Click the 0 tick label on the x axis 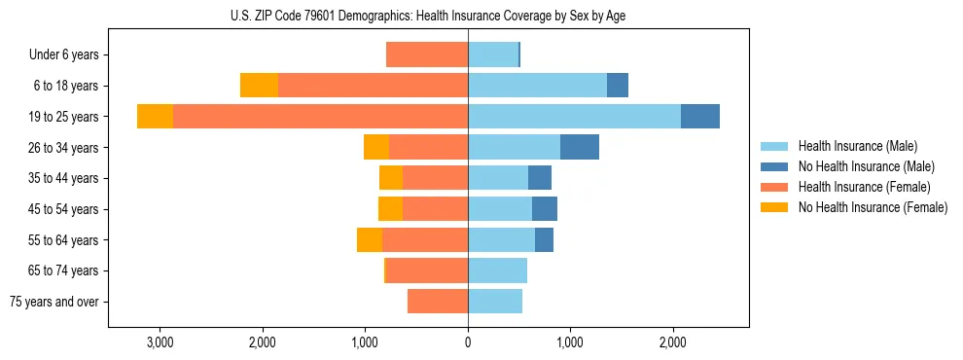click(x=468, y=342)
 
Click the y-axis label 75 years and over click(x=54, y=302)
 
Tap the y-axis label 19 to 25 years click(x=64, y=117)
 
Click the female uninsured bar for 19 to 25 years click(x=155, y=116)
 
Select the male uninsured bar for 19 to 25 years click(x=700, y=116)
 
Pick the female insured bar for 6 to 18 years click(x=373, y=86)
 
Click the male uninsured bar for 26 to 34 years click(x=580, y=147)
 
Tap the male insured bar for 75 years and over click(x=495, y=302)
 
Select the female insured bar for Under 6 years click(x=427, y=54)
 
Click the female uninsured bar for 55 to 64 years click(x=370, y=239)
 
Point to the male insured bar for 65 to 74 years click(x=497, y=270)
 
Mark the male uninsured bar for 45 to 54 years click(x=545, y=208)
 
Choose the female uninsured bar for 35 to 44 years click(x=391, y=178)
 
